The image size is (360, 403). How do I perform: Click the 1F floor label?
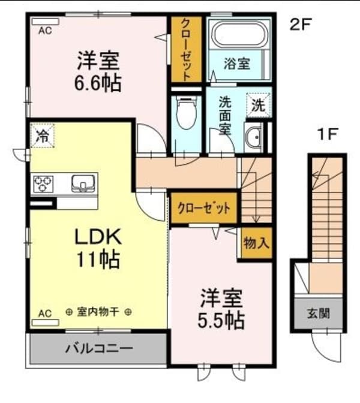329,135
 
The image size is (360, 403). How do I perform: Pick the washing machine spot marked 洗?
257,106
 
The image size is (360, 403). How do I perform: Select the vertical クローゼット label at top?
186,50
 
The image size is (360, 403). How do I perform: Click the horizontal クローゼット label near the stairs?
204,209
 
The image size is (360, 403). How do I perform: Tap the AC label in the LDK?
44,313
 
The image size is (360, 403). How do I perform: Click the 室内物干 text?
99,312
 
